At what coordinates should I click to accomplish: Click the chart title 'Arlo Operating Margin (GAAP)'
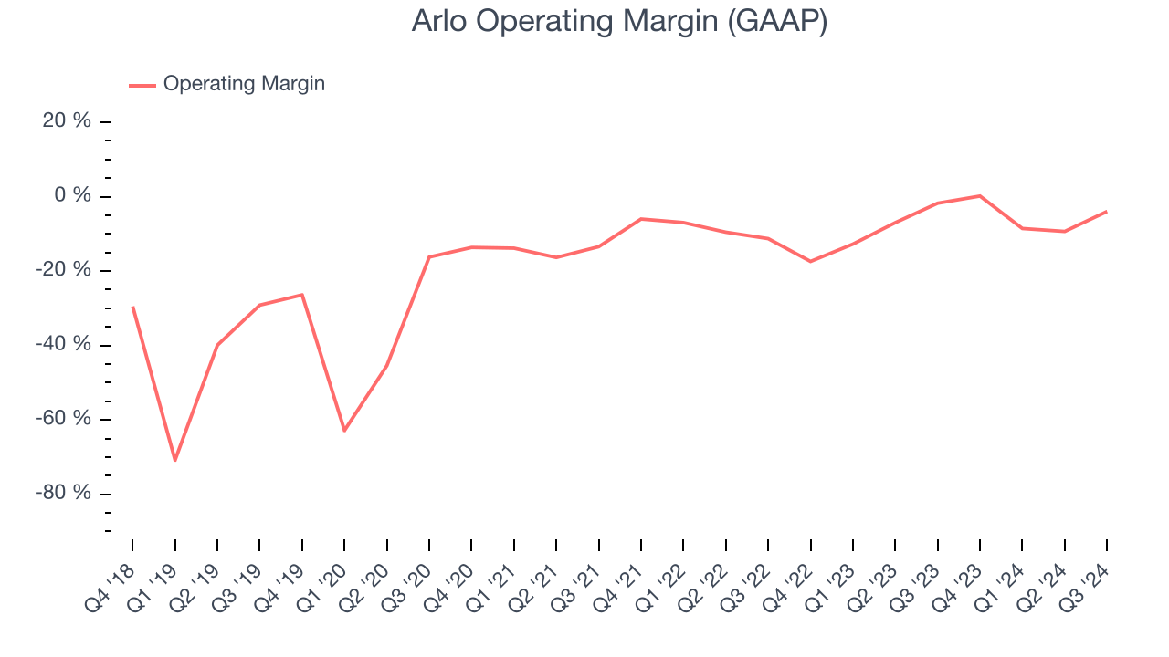[619, 21]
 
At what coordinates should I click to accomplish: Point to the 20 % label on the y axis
[68, 121]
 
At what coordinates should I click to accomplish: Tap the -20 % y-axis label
[64, 270]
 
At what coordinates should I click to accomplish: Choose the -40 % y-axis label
[64, 345]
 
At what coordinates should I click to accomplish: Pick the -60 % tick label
[64, 419]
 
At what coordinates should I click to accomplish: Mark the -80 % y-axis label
[64, 494]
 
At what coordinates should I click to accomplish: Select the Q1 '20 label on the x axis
[324, 583]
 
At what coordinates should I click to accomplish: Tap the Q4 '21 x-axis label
[621, 583]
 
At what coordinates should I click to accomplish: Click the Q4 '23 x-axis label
[960, 583]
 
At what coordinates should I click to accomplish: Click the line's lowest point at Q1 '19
[174, 460]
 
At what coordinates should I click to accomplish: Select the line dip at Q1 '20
[344, 431]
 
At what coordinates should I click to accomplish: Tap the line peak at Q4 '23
[980, 195]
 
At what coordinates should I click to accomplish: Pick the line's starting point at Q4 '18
[132, 307]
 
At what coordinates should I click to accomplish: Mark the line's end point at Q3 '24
[1107, 212]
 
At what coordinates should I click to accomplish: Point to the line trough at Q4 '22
[810, 262]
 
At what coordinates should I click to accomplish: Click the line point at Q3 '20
[429, 256]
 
